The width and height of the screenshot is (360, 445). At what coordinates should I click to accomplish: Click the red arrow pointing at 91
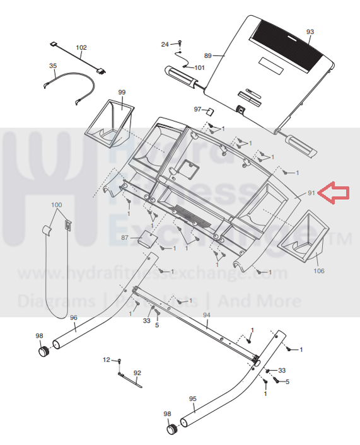[334, 193]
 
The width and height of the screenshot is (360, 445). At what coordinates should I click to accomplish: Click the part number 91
[311, 193]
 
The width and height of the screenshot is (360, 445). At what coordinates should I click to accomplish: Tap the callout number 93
[310, 32]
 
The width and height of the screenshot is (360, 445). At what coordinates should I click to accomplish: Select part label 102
[81, 47]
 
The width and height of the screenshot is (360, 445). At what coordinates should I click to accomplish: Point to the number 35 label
[53, 66]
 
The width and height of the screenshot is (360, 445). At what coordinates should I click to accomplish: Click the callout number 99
[122, 92]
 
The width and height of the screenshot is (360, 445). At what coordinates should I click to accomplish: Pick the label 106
[319, 271]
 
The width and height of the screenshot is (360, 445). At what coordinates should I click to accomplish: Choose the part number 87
[125, 238]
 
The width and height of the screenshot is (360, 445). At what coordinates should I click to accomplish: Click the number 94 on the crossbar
[207, 315]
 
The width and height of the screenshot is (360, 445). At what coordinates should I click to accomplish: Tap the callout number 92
[137, 373]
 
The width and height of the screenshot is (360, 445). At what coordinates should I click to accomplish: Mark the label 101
[200, 67]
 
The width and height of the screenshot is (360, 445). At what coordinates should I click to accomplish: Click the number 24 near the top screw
[165, 44]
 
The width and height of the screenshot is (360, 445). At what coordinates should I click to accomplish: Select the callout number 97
[197, 109]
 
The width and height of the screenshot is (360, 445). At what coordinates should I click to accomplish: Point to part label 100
[57, 205]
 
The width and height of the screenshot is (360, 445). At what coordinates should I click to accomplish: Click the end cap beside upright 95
[171, 429]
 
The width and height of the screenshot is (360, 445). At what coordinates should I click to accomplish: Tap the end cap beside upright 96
[44, 351]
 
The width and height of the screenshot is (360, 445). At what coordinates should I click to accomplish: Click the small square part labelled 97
[210, 111]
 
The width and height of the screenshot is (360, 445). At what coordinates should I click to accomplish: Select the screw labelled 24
[180, 43]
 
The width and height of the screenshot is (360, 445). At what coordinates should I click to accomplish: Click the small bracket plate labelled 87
[148, 239]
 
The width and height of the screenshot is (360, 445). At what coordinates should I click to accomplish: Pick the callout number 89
[208, 55]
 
